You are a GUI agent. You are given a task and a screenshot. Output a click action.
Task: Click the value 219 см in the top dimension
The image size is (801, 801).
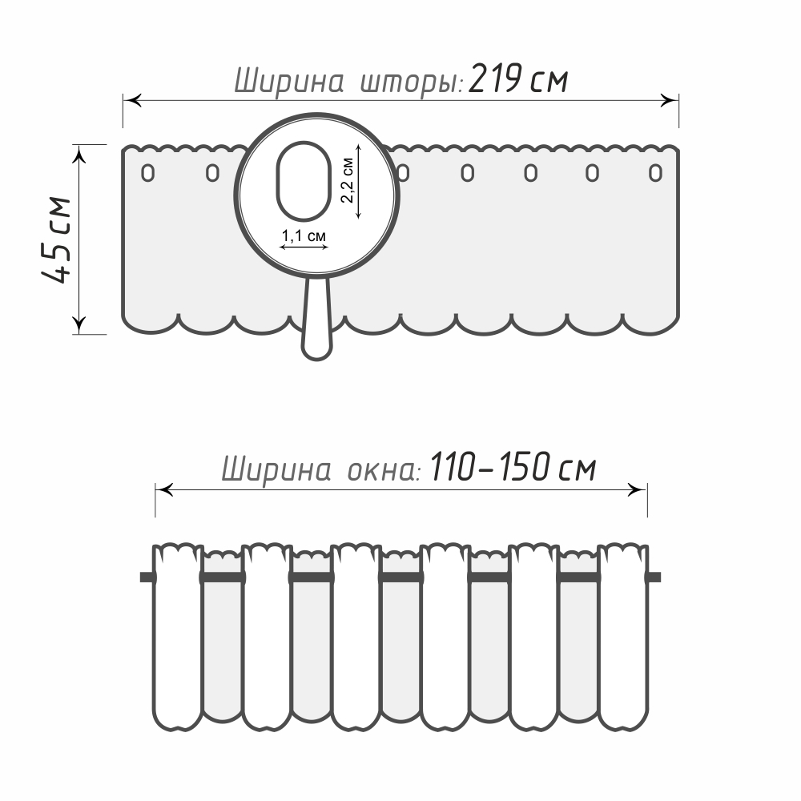point(517,79)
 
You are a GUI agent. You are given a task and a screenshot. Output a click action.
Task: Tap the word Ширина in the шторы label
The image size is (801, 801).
point(288,82)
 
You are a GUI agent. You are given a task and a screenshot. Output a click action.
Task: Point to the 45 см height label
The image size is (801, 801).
point(56,239)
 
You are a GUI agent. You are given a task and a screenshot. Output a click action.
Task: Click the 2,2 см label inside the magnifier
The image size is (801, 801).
point(348,179)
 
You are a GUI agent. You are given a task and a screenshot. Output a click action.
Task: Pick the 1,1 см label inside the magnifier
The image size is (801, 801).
point(304,236)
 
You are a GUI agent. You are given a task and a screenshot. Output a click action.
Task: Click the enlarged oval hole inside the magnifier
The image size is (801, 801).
point(304,181)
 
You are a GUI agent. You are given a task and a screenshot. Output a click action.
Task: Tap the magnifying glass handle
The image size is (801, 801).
point(317,318)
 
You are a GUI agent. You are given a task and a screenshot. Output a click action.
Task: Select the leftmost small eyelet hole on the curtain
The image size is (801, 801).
point(147,173)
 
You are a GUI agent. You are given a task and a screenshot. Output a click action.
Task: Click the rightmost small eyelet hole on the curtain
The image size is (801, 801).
point(655,173)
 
